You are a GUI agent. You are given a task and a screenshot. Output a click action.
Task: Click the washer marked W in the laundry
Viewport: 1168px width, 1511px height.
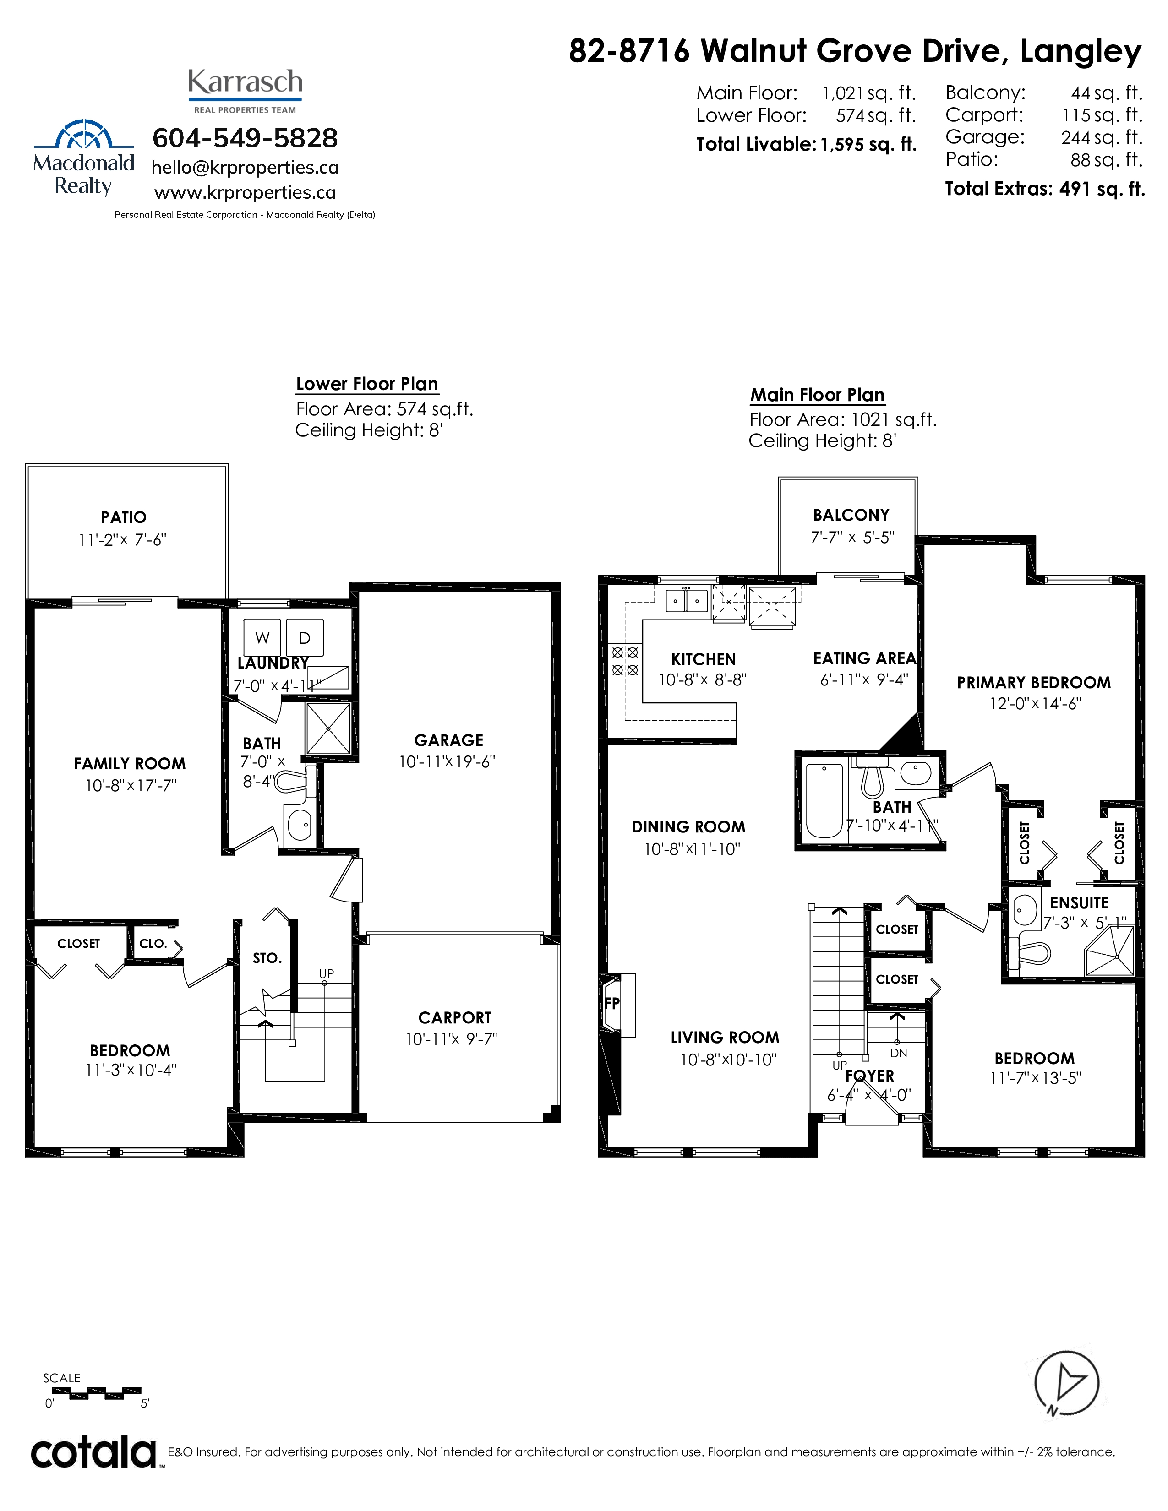click(x=262, y=637)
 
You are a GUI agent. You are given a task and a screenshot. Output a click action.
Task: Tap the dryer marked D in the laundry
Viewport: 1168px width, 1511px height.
click(x=305, y=637)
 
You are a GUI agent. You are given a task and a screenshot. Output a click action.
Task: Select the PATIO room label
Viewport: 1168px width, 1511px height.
click(x=124, y=517)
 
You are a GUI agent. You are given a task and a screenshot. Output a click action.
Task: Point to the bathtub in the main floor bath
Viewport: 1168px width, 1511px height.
click(x=824, y=800)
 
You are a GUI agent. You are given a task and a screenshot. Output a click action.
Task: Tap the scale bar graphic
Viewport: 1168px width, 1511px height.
click(x=93, y=1393)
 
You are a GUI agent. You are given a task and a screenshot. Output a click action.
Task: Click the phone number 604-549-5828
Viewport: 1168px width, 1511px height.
click(x=245, y=138)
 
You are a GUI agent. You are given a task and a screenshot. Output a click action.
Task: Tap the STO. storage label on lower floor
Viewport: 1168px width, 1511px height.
click(x=267, y=958)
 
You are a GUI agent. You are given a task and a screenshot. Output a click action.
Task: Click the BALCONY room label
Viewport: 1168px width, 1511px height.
click(x=851, y=515)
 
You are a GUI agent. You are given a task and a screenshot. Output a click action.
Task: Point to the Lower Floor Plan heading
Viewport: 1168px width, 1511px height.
click(x=367, y=384)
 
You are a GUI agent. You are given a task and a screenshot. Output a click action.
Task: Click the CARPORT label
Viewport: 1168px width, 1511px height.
click(x=455, y=1018)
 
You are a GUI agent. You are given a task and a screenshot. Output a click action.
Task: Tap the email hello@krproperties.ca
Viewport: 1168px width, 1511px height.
click(x=245, y=168)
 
